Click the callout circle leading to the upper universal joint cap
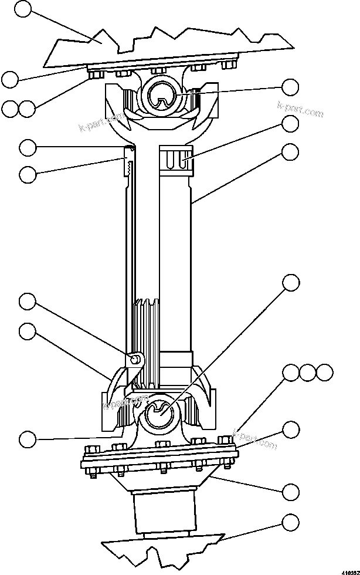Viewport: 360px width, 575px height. click(290, 88)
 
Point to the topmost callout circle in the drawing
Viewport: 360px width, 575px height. click(22, 8)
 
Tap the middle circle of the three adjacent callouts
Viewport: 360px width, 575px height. click(308, 372)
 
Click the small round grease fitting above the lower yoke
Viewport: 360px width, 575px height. click(135, 358)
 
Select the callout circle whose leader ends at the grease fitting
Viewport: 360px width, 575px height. click(27, 302)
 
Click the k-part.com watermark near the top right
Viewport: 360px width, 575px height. click(300, 110)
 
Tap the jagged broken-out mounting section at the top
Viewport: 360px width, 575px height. click(170, 47)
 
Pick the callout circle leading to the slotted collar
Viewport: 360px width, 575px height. click(290, 124)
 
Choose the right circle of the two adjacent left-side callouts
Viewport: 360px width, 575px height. click(26, 108)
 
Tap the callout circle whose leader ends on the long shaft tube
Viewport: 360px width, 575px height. click(290, 152)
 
